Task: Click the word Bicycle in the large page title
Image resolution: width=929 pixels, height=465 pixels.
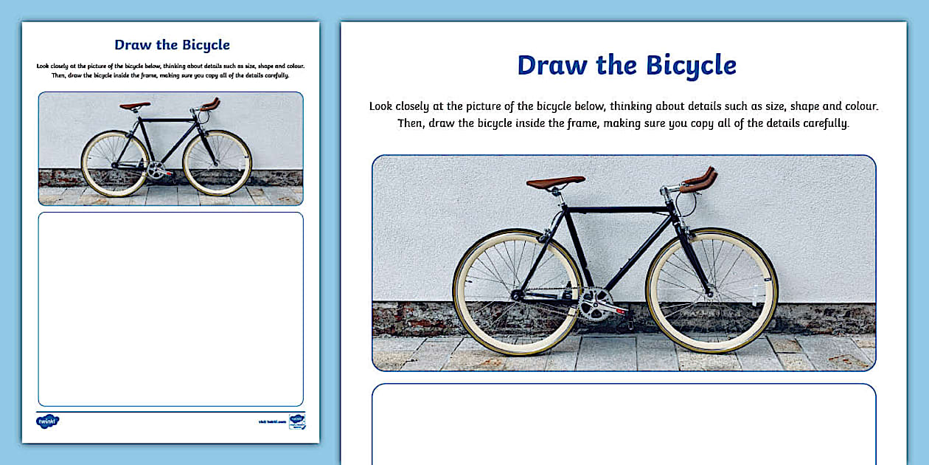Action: (691, 65)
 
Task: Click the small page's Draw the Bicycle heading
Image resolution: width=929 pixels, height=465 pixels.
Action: (172, 44)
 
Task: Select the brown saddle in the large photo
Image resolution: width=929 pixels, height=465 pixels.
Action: (556, 182)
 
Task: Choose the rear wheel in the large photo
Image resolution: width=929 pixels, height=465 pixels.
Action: (518, 292)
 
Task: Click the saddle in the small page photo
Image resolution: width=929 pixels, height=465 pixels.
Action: (135, 106)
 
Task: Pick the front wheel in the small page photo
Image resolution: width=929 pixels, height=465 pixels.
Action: (218, 163)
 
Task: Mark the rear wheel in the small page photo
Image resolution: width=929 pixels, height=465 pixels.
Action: (115, 163)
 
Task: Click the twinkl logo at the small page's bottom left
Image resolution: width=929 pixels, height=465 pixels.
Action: (47, 421)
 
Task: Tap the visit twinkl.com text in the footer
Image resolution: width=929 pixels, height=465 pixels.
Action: (271, 421)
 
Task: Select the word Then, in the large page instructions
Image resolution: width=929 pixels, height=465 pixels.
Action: (411, 123)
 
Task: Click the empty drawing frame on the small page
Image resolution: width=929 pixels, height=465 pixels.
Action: (170, 309)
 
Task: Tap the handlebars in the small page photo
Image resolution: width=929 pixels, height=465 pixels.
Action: (210, 105)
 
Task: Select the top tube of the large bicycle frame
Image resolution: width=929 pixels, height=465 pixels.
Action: (619, 210)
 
